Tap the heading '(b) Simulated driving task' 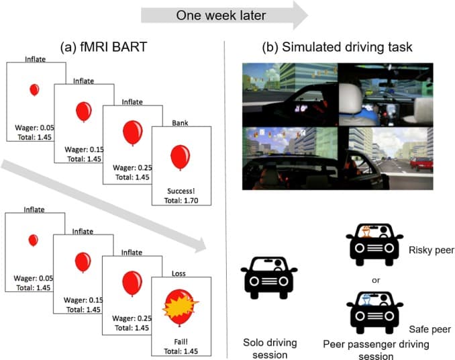(338, 48)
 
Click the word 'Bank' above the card (180, 124)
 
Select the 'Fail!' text (180, 341)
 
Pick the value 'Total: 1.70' (180, 200)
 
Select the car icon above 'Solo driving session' (268, 276)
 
